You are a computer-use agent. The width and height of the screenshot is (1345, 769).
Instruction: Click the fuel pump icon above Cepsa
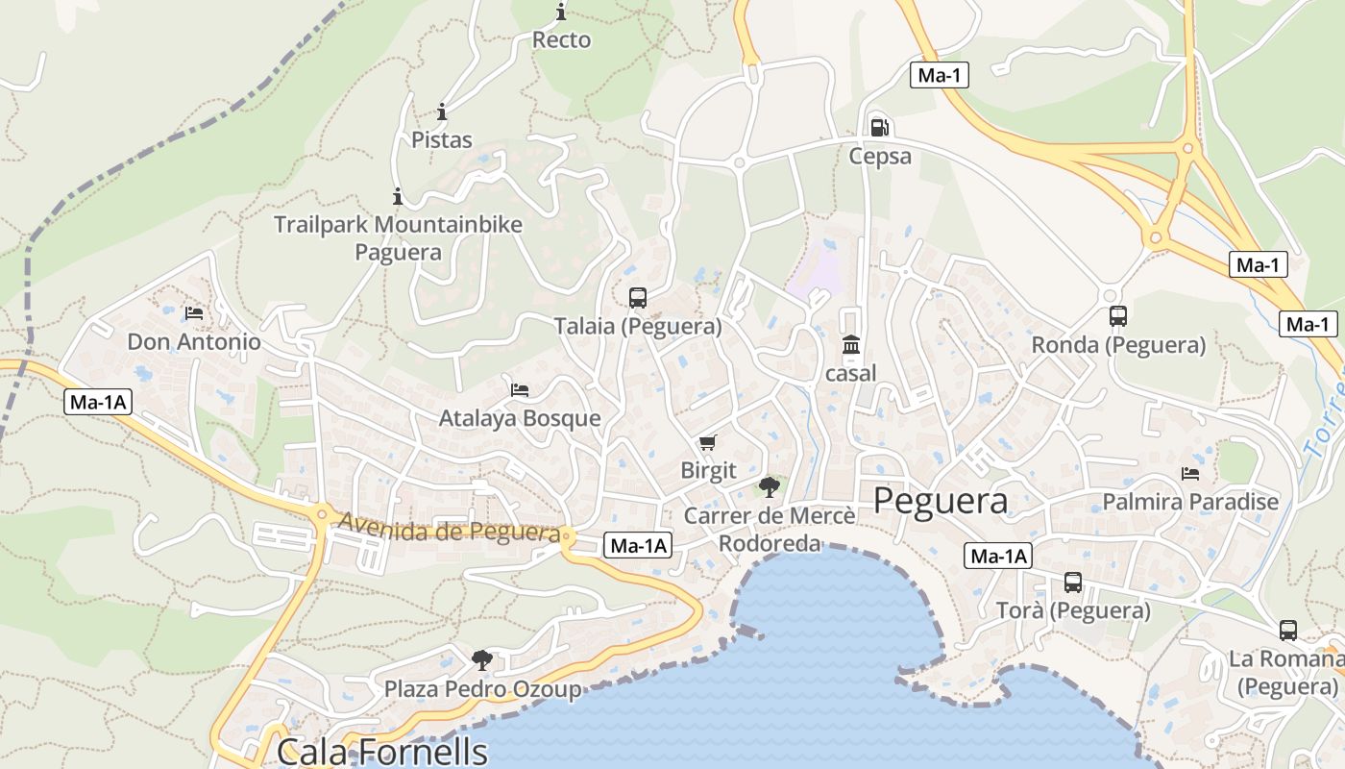(878, 127)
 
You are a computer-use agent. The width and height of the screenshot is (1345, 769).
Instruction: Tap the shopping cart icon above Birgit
(708, 442)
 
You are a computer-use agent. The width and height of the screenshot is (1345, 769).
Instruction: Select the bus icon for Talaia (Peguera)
(638, 298)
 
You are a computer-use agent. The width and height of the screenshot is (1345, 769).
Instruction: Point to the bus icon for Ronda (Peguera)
(1118, 316)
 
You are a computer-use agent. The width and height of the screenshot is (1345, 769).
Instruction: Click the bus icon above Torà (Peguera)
(1073, 583)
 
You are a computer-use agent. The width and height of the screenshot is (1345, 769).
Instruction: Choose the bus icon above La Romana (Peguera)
(1288, 631)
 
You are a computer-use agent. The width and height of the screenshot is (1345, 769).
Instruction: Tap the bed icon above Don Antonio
(194, 313)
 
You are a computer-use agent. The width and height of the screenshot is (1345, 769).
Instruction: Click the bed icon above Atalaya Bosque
(520, 389)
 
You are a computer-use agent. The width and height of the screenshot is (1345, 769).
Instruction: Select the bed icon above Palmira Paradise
(1190, 473)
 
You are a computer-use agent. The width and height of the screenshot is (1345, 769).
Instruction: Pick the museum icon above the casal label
(851, 345)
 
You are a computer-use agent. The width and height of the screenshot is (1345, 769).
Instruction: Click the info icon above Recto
(561, 12)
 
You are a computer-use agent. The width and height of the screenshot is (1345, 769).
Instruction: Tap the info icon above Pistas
(442, 112)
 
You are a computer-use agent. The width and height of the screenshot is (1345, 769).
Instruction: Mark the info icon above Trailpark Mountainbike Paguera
(398, 197)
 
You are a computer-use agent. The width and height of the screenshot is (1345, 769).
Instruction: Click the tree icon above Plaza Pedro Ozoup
(482, 659)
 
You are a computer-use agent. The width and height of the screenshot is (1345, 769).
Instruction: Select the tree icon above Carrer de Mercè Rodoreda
(769, 487)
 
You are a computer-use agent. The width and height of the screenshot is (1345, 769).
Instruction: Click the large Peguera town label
(941, 501)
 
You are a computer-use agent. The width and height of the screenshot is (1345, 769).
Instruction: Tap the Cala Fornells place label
(382, 751)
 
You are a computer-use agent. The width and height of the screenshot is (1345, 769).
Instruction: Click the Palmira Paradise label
(1190, 502)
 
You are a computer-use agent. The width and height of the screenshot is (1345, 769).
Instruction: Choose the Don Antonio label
(194, 342)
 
